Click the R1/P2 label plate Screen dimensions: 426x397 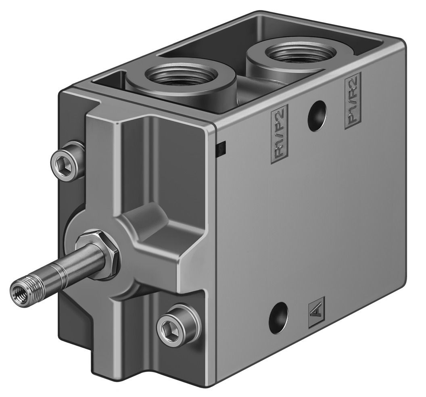point(279,134)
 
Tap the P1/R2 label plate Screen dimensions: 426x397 point(353,100)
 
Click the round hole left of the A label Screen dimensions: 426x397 point(278,316)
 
